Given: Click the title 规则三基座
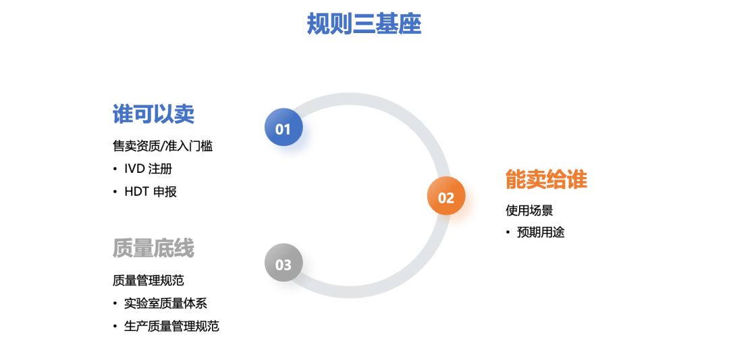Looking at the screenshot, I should tap(364, 24).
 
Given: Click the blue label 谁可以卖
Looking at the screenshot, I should tap(153, 114).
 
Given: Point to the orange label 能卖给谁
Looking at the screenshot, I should tap(546, 180).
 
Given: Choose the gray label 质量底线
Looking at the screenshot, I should tap(153, 249).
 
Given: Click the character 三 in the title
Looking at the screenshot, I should tap(364, 24).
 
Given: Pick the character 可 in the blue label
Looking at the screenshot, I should tap(143, 114).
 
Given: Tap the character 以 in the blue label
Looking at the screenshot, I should tap(163, 114).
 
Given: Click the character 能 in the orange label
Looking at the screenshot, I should tap(516, 180).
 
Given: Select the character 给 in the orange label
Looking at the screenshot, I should tap(557, 180).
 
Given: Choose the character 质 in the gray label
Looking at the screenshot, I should tap(123, 249).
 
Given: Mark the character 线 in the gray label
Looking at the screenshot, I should tap(184, 249).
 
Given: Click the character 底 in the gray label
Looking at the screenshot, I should tap(163, 249).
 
